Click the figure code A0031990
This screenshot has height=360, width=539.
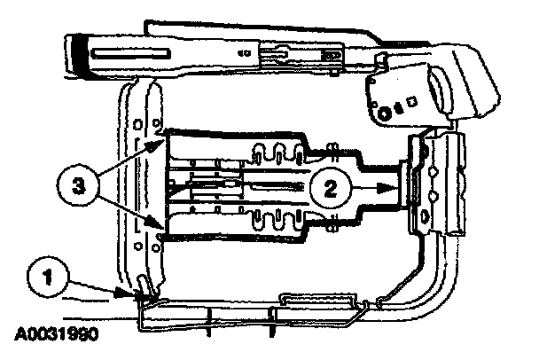coord(56,336)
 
